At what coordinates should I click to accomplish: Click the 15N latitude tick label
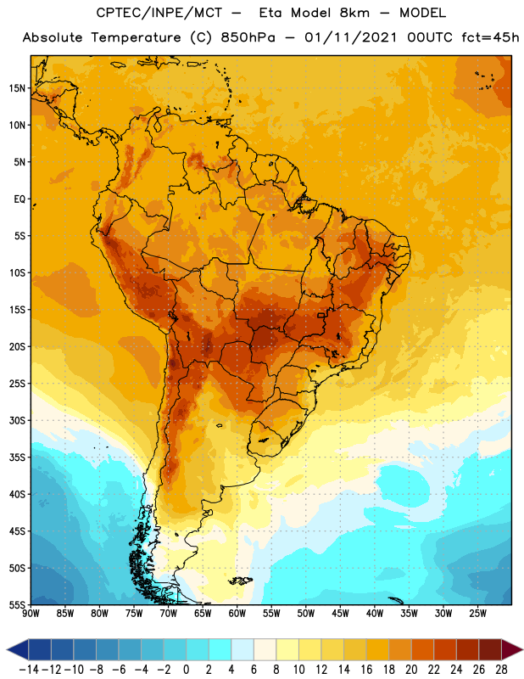click(x=17, y=88)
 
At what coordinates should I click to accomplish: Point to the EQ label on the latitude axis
click(x=20, y=199)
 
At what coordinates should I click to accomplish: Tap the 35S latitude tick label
click(x=17, y=457)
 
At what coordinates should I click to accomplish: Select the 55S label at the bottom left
click(x=17, y=604)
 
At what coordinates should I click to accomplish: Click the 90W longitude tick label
click(x=31, y=613)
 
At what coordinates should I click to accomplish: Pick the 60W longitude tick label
click(x=237, y=613)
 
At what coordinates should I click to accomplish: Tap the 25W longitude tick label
click(x=477, y=613)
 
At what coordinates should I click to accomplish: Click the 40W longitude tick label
click(x=375, y=613)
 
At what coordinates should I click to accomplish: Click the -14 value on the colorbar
click(x=29, y=670)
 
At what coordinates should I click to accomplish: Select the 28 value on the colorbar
click(x=501, y=670)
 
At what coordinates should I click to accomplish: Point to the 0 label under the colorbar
click(x=186, y=670)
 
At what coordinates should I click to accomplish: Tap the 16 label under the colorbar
click(x=366, y=670)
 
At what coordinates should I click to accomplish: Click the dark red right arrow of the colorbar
click(x=511, y=649)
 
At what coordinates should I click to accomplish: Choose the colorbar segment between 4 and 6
click(x=242, y=649)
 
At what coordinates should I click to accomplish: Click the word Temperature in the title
click(x=136, y=37)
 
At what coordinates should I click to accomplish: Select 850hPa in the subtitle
click(x=248, y=37)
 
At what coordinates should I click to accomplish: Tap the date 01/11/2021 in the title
click(x=350, y=37)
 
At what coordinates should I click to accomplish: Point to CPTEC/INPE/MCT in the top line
click(x=159, y=13)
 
